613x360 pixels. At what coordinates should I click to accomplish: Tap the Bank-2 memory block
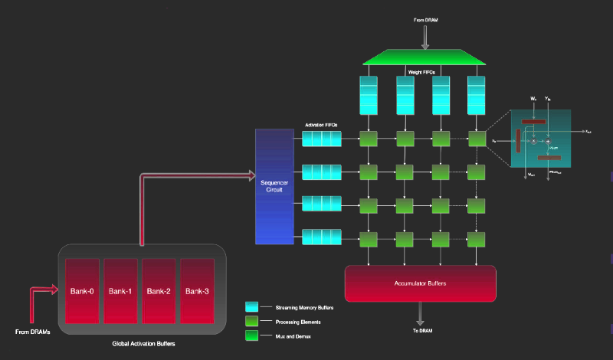(158, 291)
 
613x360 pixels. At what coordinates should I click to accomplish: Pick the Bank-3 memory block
(196, 291)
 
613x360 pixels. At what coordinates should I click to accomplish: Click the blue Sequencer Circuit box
(274, 186)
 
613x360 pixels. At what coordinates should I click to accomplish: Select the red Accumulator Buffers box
(420, 283)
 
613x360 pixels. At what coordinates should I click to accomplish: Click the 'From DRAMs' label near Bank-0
(33, 332)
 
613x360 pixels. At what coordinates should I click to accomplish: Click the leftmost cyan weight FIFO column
(369, 95)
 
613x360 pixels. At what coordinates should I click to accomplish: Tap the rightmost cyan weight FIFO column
(478, 95)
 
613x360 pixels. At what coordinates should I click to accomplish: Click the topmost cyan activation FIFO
(322, 139)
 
